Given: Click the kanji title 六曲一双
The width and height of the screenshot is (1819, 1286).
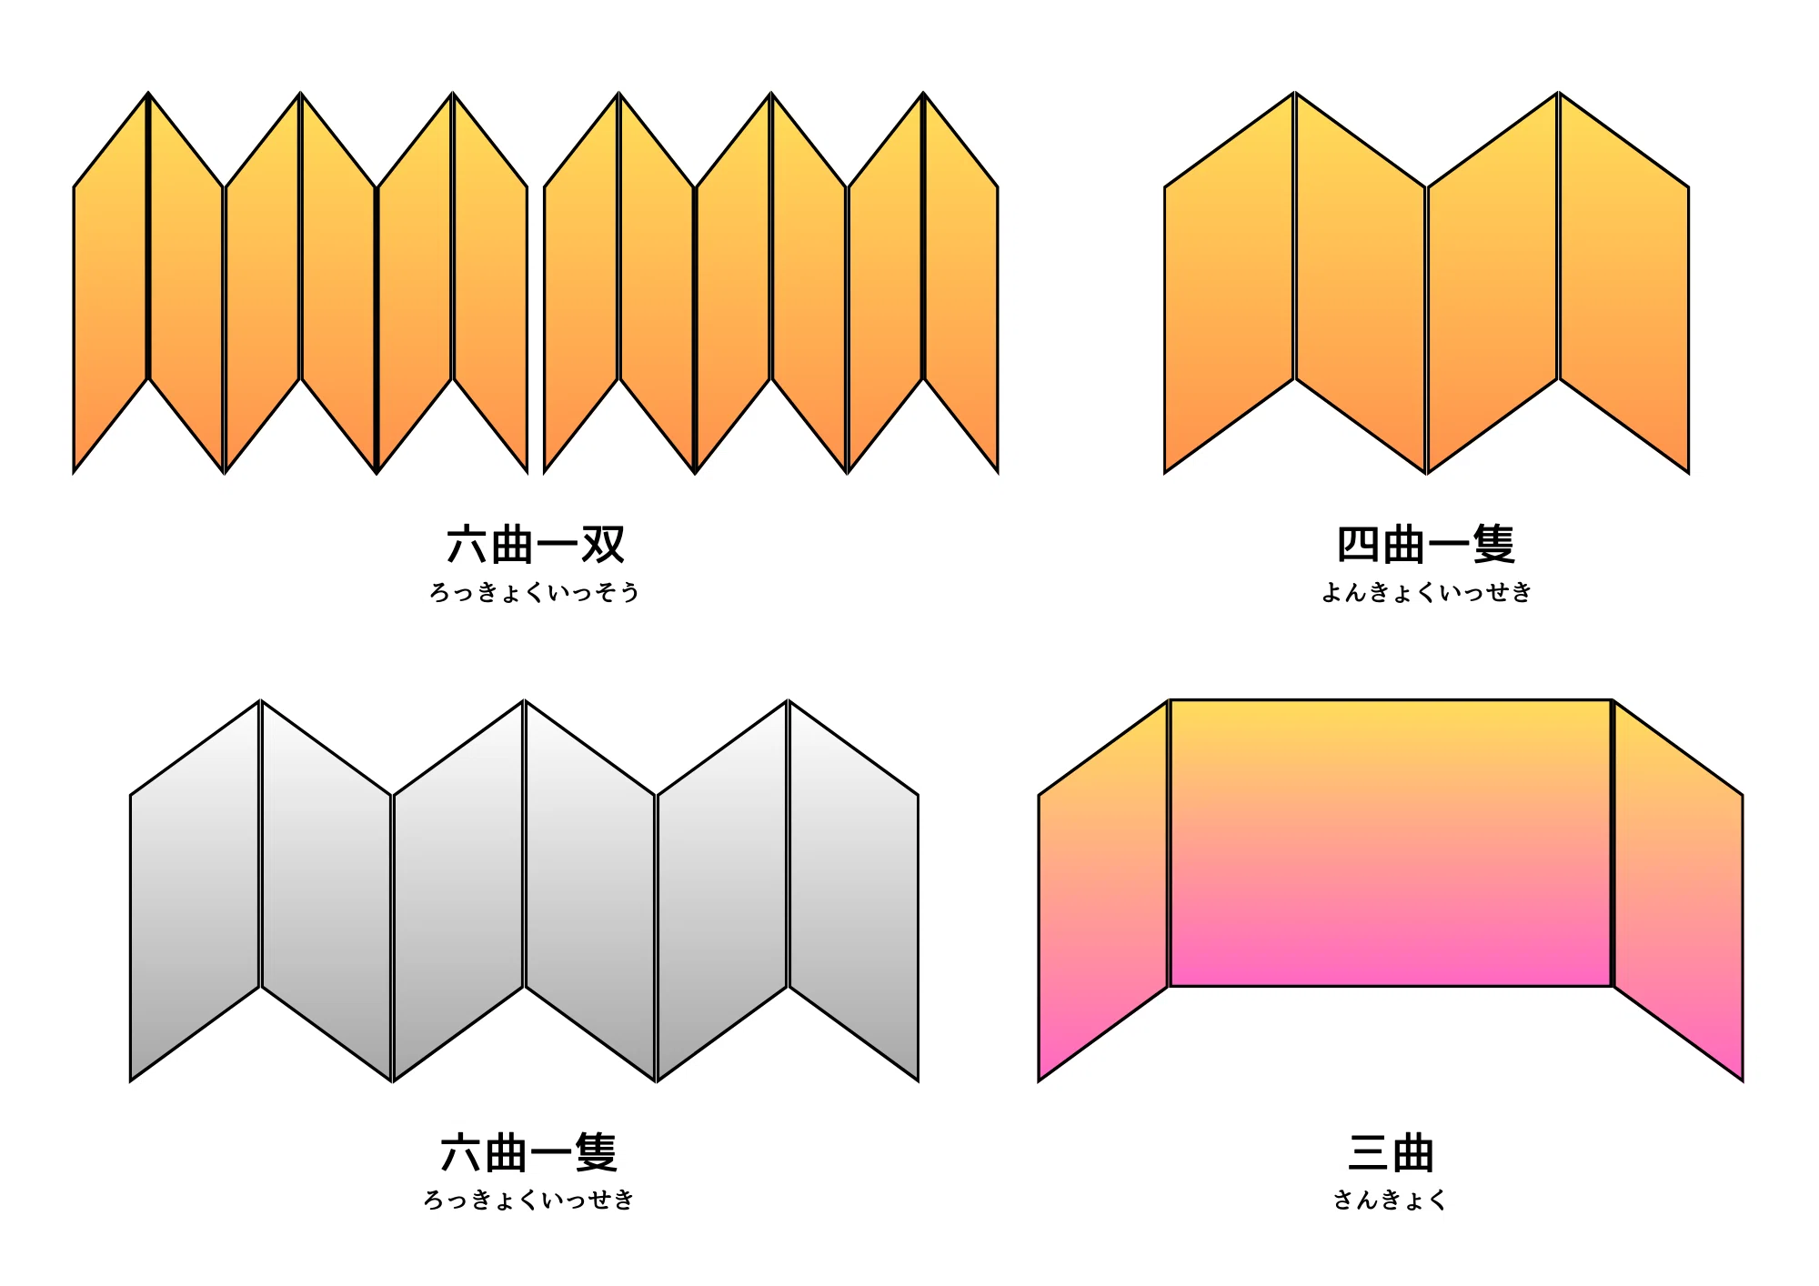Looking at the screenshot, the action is tap(536, 545).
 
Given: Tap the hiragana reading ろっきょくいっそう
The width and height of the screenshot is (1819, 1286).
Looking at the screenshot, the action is tap(535, 592).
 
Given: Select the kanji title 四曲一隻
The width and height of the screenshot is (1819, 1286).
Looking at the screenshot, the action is tap(1426, 545).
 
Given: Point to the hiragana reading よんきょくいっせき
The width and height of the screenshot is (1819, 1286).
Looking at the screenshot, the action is tap(1426, 592).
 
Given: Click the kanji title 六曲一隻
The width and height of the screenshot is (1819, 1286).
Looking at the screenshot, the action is tap(529, 1153).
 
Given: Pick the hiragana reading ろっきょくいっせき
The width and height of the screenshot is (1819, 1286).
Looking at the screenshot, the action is tap(528, 1201).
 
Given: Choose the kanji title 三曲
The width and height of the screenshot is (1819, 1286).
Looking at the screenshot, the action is tap(1391, 1153).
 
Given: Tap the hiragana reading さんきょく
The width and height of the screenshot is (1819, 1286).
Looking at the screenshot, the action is tap(1390, 1201).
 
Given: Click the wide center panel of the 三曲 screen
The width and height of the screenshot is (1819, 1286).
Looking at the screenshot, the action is tap(1391, 843).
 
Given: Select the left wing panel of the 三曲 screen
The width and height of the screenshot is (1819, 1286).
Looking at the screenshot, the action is tap(1103, 890).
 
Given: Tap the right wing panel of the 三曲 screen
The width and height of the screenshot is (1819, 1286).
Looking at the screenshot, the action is tap(1678, 890).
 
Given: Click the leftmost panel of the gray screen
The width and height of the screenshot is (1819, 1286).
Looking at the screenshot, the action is tap(196, 890).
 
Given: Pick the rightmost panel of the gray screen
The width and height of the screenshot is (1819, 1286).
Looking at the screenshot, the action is tap(853, 890).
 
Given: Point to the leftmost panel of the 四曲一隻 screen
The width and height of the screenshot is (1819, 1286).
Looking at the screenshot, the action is tap(1230, 283).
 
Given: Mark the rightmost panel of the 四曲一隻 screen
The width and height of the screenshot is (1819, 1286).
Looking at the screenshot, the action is tap(1624, 283).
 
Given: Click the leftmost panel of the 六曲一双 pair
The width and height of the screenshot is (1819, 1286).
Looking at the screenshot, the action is tap(111, 283).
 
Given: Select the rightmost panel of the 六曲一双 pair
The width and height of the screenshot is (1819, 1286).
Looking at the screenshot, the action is tap(960, 283).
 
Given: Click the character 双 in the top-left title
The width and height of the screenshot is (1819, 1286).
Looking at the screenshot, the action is tap(604, 545).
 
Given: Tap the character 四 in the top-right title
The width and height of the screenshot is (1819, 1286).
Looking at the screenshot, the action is tap(1358, 545).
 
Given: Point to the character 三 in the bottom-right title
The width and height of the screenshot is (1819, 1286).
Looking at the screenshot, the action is tap(1369, 1153).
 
